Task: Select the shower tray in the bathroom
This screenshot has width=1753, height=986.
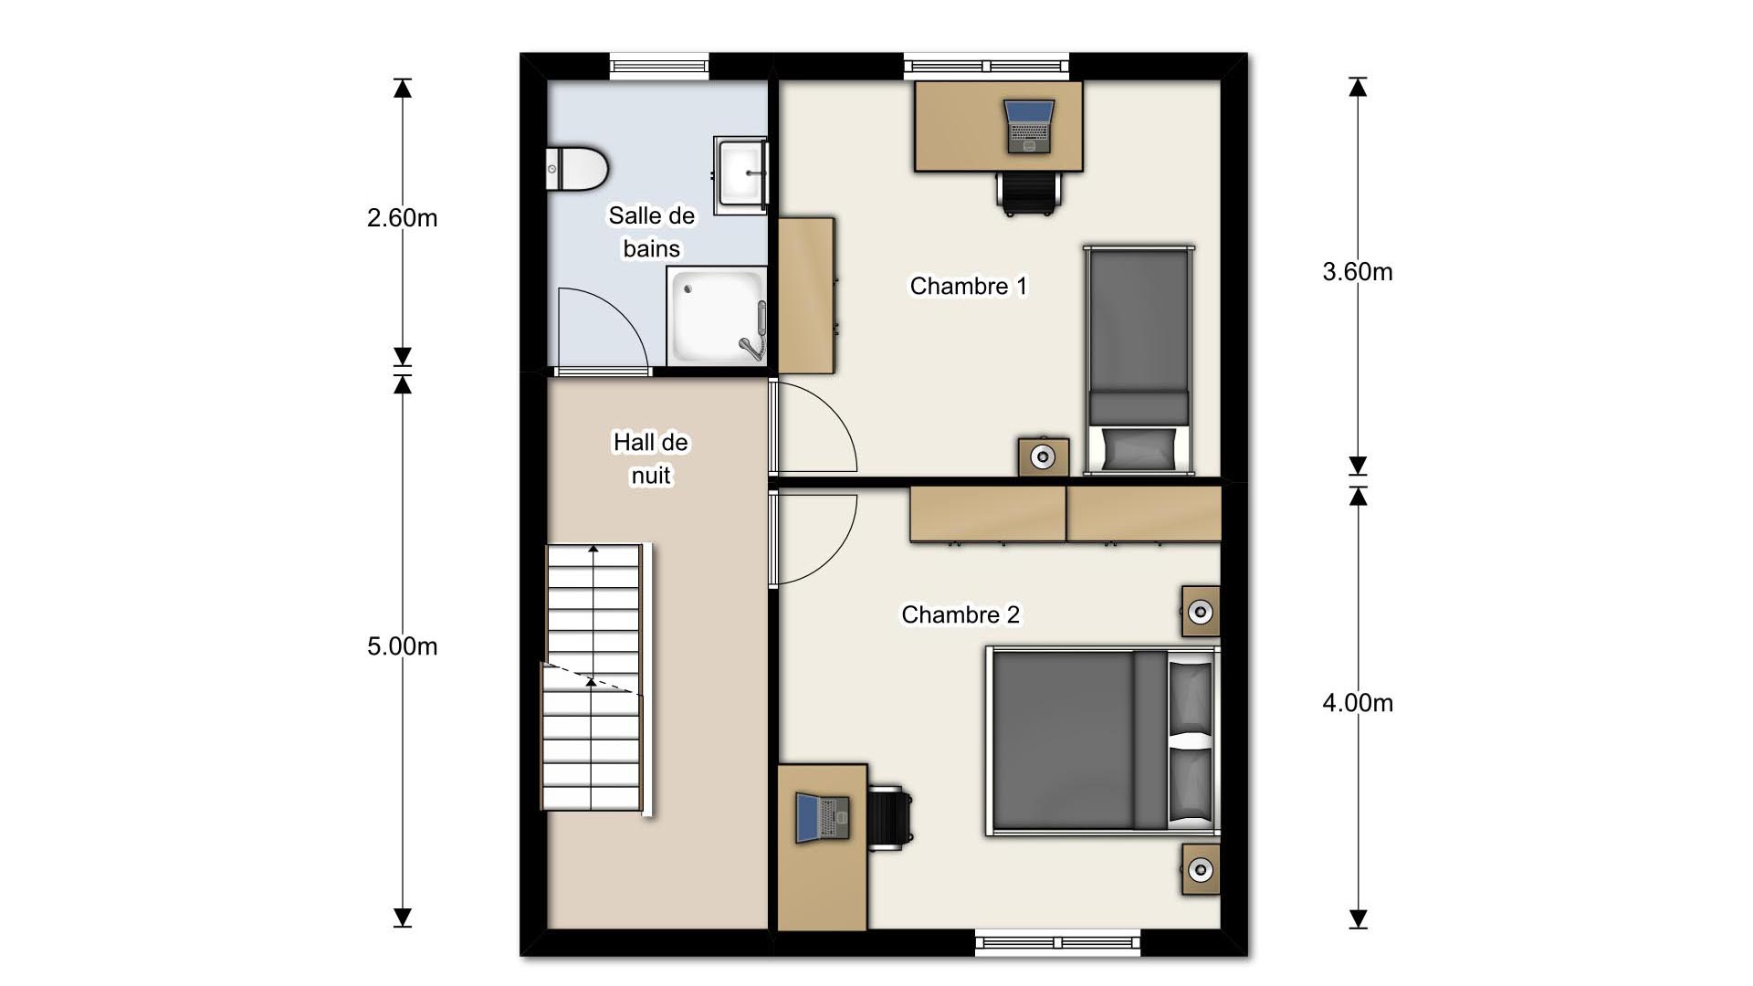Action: tap(716, 316)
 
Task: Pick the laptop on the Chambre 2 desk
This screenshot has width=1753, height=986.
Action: tap(822, 817)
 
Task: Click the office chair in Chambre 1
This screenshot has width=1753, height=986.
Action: tap(1029, 193)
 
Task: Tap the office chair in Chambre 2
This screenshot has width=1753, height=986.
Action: tap(890, 817)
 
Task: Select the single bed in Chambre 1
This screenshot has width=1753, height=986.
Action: tap(1139, 360)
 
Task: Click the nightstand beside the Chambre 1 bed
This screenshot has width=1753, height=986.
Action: tap(1043, 456)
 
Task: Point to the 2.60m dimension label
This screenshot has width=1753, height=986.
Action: tap(402, 218)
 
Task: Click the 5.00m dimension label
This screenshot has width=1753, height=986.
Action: tap(402, 646)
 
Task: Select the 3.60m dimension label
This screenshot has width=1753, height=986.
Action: tap(1357, 272)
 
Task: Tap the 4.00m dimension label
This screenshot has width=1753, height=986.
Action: tap(1357, 703)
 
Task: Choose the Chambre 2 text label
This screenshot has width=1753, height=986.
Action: tap(960, 615)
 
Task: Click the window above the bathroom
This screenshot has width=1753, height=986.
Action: tap(658, 65)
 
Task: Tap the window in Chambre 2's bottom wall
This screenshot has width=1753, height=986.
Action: tap(1057, 941)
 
